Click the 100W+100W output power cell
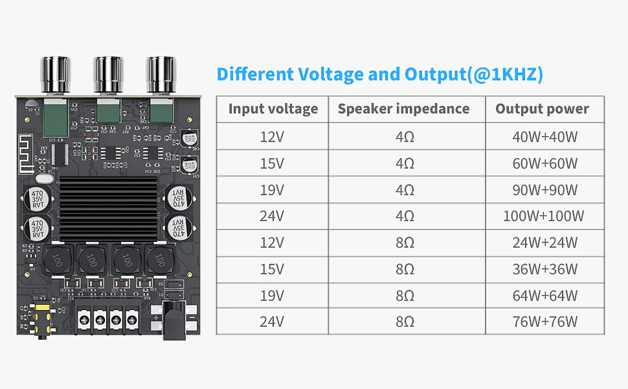click(x=544, y=216)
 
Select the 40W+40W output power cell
click(x=544, y=137)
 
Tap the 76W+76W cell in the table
click(x=544, y=322)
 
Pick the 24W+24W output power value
click(x=544, y=242)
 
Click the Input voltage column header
click(x=273, y=109)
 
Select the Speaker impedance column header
click(x=403, y=109)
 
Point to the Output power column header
click(x=543, y=109)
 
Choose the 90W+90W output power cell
click(x=544, y=190)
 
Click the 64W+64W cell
click(x=544, y=296)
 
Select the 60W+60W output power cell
click(x=544, y=163)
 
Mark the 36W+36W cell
click(x=544, y=269)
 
